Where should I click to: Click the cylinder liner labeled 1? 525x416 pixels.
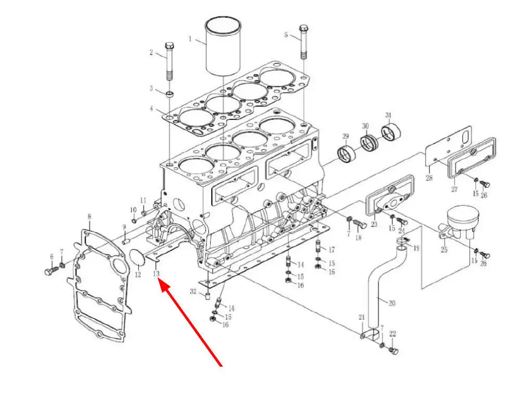tap(223, 46)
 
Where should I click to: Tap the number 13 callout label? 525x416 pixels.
tap(156, 274)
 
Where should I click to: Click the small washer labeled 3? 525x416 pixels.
tap(170, 94)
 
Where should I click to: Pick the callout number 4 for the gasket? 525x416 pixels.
tap(151, 109)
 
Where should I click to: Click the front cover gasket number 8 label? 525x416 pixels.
tap(89, 217)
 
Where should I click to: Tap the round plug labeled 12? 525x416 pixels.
tap(137, 257)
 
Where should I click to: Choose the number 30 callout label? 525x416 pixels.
tap(365, 126)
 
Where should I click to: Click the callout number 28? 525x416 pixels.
tap(429, 178)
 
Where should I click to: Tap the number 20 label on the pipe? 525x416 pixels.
tap(392, 303)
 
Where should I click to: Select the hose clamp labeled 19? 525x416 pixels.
tap(402, 240)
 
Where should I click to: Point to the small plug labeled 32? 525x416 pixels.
tap(208, 296)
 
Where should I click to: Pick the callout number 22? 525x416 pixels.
tap(393, 333)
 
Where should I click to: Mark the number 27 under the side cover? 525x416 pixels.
tap(454, 190)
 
